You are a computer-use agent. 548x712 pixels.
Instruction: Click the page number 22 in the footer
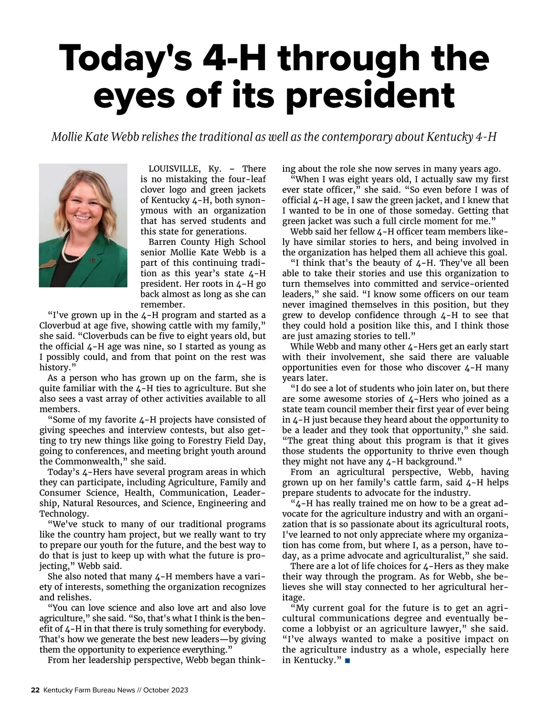click(x=35, y=690)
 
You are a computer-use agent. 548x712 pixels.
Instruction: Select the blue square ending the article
click(x=348, y=660)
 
